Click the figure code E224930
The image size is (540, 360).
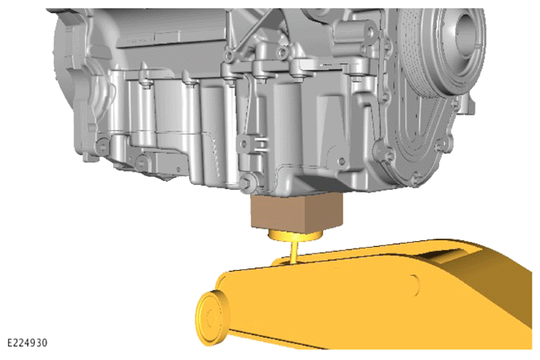pos(27,343)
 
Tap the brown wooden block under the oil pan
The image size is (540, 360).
pos(297,211)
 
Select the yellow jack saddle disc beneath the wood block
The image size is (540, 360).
pos(295,235)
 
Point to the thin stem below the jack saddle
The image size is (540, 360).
pos(295,252)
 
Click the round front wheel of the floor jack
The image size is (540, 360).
pos(211,318)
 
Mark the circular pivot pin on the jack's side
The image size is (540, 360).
pos(415,285)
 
